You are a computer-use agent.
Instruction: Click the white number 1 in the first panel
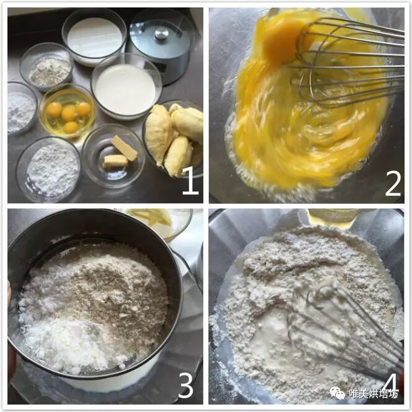click(x=190, y=181)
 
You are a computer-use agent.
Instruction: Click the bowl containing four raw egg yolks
click(x=68, y=112)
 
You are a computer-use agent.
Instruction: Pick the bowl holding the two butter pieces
click(x=113, y=156)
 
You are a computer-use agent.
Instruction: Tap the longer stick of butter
click(x=125, y=147)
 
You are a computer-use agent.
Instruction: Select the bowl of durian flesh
click(x=173, y=138)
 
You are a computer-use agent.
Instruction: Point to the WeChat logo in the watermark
click(x=338, y=393)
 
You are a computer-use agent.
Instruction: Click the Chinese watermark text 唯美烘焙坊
click(x=374, y=393)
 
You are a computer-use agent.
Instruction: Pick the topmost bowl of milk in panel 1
click(x=95, y=37)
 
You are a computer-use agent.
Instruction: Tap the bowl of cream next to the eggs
click(x=126, y=87)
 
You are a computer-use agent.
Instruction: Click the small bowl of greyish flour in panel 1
click(x=46, y=68)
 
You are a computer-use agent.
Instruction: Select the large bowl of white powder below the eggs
click(x=49, y=170)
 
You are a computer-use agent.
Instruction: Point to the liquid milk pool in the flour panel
click(x=271, y=339)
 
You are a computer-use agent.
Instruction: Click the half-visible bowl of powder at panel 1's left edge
click(x=22, y=109)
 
